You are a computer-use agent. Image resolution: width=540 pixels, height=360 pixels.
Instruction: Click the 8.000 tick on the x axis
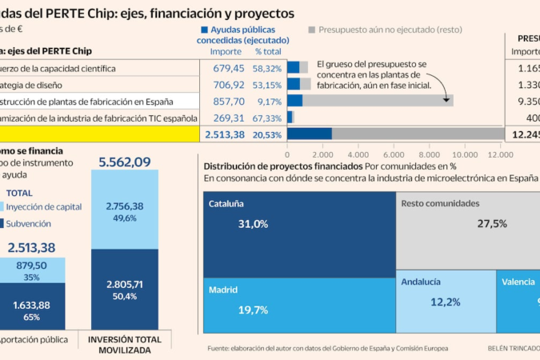pos(429,155)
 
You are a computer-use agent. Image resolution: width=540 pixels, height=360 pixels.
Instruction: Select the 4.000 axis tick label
pos(358,155)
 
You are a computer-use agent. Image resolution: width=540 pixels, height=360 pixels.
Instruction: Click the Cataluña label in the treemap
pos(226,203)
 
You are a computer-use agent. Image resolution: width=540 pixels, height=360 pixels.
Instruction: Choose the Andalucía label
pos(421,282)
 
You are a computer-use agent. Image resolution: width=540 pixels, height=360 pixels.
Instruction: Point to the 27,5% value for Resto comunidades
pos(492,224)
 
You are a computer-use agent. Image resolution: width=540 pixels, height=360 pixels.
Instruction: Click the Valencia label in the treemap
pos(518,282)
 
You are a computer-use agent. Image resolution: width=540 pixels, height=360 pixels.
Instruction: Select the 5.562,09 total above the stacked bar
pos(124,162)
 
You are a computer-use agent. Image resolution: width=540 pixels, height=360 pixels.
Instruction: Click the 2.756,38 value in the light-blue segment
pos(124,206)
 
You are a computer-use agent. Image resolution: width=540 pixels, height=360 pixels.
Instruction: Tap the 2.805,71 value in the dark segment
pos(124,284)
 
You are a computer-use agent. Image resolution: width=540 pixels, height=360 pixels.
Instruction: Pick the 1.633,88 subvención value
pos(32,305)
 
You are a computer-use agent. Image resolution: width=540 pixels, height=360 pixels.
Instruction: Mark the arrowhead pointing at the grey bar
pos(446,100)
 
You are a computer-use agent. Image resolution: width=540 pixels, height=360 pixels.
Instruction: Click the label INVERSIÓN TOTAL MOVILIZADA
pos(124,344)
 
